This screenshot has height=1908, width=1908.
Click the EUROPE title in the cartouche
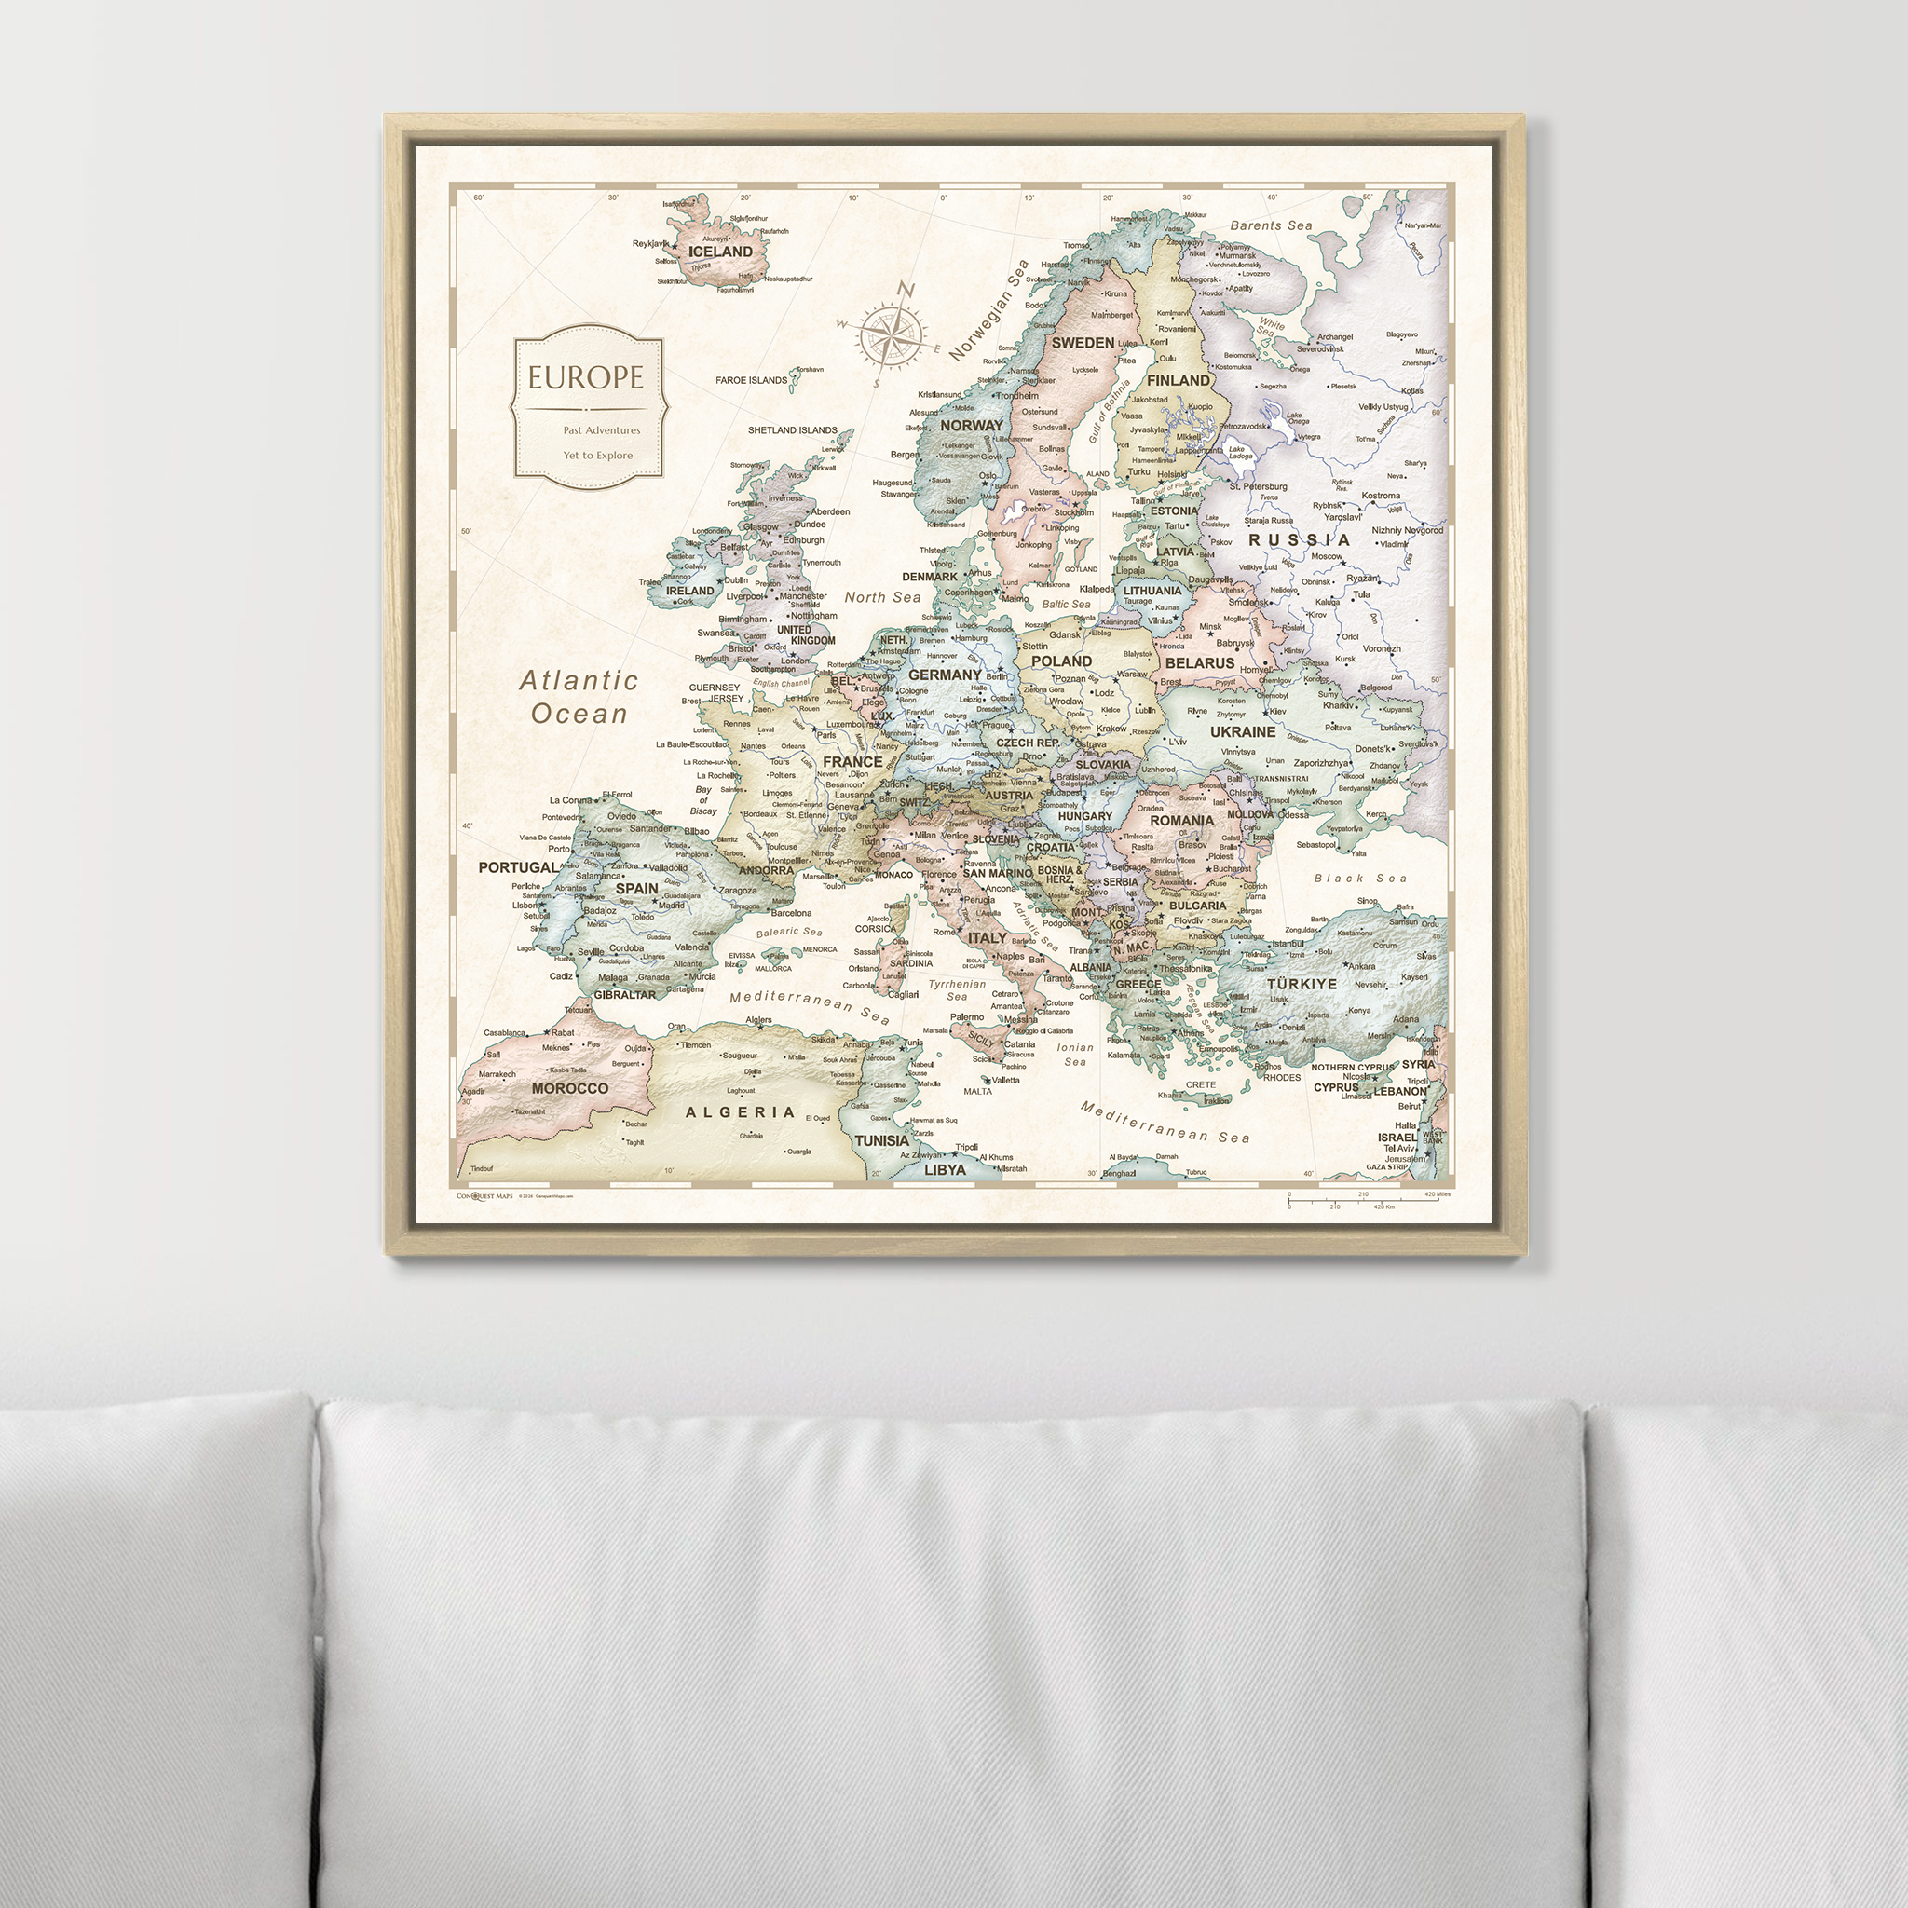coord(585,377)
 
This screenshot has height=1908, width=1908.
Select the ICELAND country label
coord(720,252)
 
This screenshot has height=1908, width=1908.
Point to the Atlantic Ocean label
coord(579,696)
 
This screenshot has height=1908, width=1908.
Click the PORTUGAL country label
coord(517,867)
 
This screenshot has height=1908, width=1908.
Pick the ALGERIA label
coord(740,1112)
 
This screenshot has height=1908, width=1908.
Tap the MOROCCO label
coord(570,1088)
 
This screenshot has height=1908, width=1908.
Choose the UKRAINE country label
coord(1243,731)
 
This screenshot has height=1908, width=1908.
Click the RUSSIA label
coord(1299,540)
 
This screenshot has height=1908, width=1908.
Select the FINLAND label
coord(1179,380)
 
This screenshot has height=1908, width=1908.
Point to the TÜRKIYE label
coord(1302,984)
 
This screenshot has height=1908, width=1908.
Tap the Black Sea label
coord(1360,878)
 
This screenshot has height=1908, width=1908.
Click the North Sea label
coord(882,597)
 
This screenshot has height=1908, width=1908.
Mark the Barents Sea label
coord(1271,226)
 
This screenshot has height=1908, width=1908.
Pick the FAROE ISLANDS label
coord(752,380)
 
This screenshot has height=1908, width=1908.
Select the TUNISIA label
coord(882,1140)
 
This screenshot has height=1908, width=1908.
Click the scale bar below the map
coord(1369,1200)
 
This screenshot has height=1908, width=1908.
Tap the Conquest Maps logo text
coord(484,1196)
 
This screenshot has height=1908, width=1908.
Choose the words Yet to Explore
coord(597,456)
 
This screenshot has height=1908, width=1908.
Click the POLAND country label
coord(1062,661)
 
